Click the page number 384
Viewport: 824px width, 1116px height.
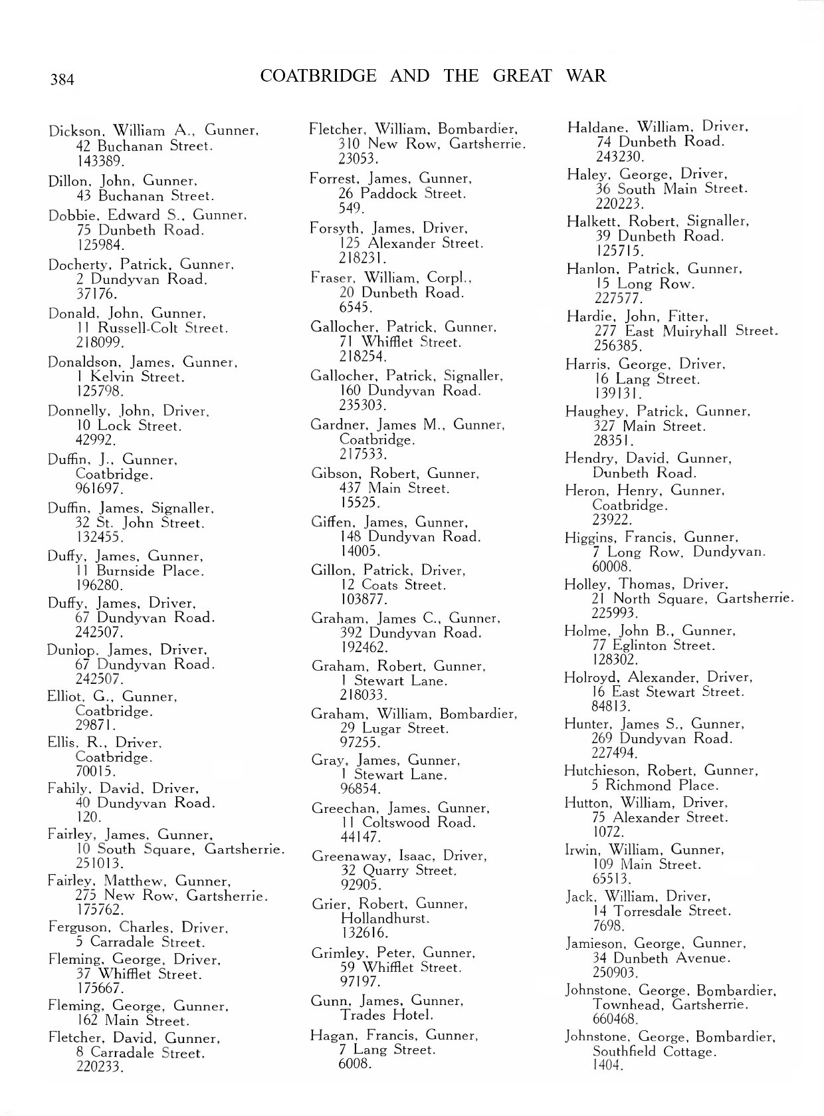point(62,80)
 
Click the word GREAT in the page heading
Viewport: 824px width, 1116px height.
point(522,76)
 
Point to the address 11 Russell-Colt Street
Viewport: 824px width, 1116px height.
point(152,328)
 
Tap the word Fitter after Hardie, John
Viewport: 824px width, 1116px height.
point(688,316)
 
